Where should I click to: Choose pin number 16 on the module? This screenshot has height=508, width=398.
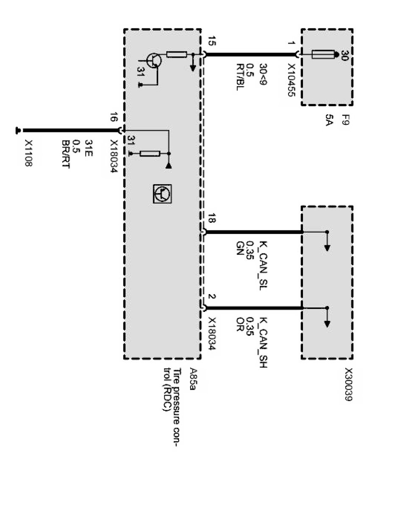pos(114,118)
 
